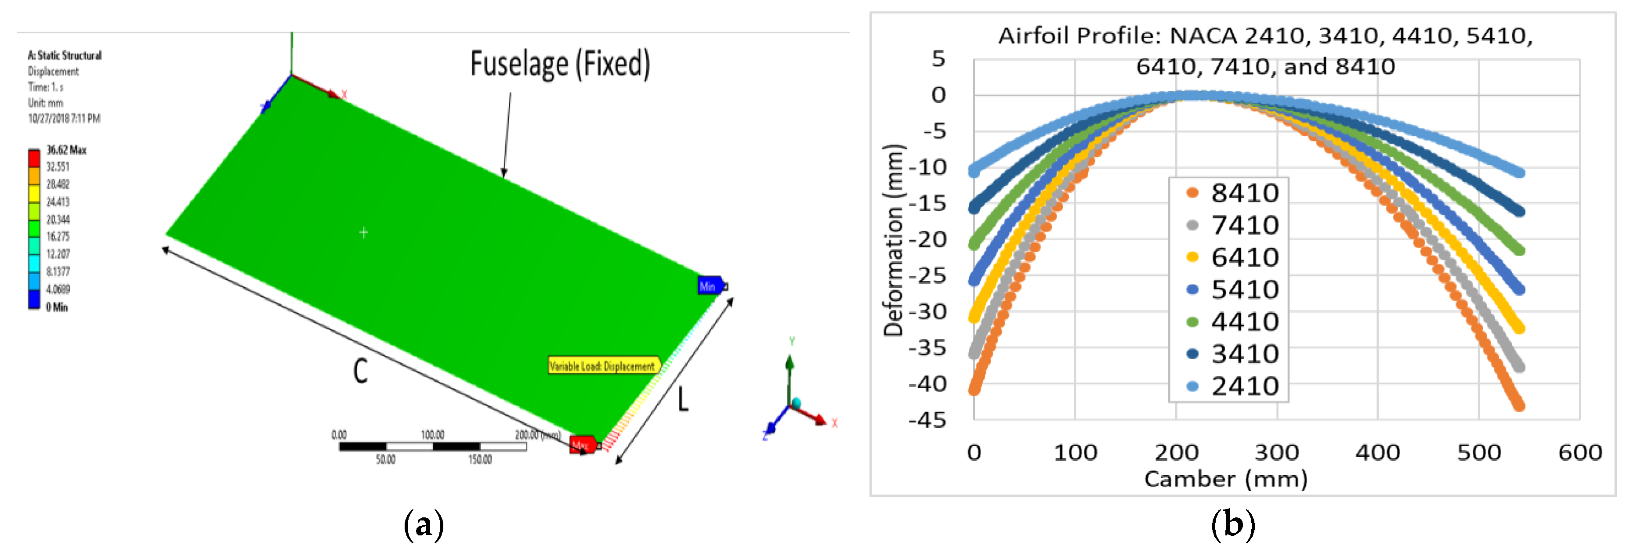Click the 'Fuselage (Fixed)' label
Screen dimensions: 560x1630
tap(560, 64)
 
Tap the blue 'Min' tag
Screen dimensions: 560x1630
tap(708, 286)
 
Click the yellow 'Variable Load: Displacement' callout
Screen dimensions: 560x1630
tap(602, 366)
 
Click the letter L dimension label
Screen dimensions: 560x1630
tap(683, 399)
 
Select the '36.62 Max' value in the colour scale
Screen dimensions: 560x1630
tap(66, 150)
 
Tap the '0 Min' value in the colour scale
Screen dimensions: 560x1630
tap(57, 307)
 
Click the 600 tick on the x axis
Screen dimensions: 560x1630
tap(1579, 452)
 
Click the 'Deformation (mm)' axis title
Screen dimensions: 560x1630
tap(894, 240)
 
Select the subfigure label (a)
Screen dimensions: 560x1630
tap(424, 524)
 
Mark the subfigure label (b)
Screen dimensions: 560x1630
tap(1233, 524)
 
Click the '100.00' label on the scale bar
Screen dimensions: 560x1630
tap(433, 435)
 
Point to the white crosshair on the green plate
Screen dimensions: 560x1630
tap(364, 233)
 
